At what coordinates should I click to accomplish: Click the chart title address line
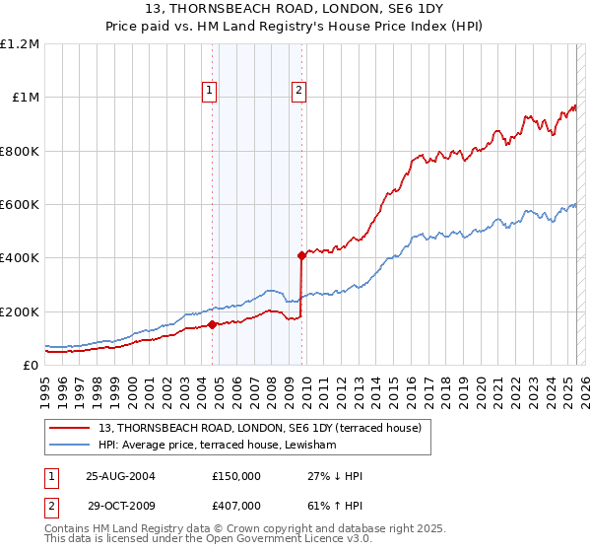tap(295, 9)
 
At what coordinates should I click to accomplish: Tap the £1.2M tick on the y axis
tap(21, 44)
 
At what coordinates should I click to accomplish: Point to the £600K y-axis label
tap(20, 205)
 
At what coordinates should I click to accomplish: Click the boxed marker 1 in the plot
tap(211, 91)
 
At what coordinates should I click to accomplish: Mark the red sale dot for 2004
tap(213, 324)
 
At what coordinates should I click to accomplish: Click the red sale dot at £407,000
tap(301, 255)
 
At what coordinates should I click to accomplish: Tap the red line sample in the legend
tap(69, 428)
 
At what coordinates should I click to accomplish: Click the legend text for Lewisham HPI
tap(218, 446)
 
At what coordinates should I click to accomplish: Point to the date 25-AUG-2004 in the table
tap(120, 476)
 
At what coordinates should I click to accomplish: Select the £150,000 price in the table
tap(236, 476)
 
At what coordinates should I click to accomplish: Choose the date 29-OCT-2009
tap(120, 505)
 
